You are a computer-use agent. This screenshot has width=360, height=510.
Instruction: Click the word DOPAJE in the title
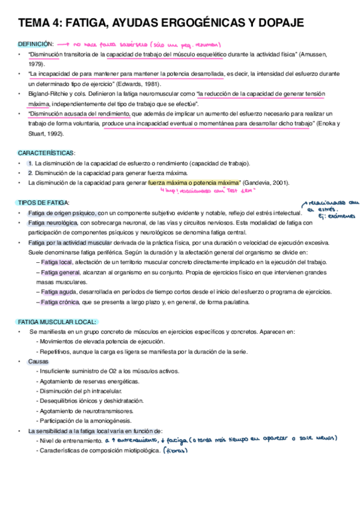(x=277, y=23)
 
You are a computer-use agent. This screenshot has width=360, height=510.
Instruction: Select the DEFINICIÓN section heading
(x=36, y=45)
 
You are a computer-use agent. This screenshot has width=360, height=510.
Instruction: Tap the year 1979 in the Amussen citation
(x=35, y=63)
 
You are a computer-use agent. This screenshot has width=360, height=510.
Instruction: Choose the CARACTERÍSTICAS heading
(x=46, y=153)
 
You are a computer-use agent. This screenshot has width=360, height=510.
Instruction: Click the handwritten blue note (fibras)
(x=177, y=451)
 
